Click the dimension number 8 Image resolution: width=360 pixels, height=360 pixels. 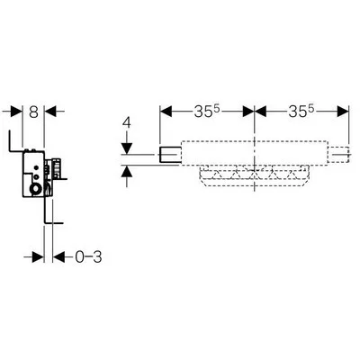(x=33, y=112)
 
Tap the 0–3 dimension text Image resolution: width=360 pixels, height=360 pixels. (x=88, y=257)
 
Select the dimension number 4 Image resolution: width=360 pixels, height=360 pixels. (x=128, y=123)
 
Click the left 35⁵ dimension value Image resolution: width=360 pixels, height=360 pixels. (x=207, y=112)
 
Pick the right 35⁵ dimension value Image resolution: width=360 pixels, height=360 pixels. (x=301, y=112)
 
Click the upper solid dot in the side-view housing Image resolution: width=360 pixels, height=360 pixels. (x=37, y=167)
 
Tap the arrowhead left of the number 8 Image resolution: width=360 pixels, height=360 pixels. (x=17, y=112)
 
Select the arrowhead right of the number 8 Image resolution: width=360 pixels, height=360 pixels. (x=50, y=112)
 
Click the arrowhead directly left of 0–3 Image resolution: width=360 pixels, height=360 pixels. (x=58, y=257)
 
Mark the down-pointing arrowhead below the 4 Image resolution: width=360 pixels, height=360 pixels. (x=127, y=148)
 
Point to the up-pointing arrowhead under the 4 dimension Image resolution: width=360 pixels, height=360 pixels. (x=127, y=171)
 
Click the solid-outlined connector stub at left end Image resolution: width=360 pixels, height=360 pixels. (x=170, y=155)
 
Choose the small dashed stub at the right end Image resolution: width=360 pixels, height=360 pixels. (x=338, y=155)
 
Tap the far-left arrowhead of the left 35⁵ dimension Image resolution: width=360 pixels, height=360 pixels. (x=166, y=112)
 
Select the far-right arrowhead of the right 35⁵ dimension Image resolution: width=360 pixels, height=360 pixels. (x=343, y=112)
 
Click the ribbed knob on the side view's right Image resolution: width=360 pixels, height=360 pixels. (x=57, y=166)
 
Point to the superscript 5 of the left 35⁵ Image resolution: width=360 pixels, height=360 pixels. (x=218, y=110)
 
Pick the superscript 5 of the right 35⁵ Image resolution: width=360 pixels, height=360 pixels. (x=311, y=110)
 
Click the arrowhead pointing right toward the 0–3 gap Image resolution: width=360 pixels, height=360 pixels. (x=39, y=257)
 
